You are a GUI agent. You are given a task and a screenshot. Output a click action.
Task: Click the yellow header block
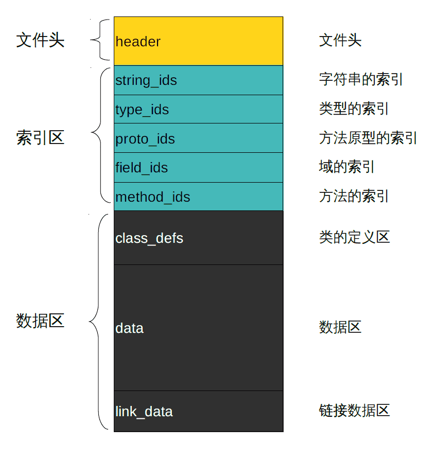point(198,41)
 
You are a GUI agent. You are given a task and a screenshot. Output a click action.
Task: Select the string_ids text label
point(146,81)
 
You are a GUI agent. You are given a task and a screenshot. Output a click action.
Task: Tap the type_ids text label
point(142,110)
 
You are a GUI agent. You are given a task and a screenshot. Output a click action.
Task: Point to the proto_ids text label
point(145,139)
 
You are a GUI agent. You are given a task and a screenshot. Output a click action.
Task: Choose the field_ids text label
point(141,168)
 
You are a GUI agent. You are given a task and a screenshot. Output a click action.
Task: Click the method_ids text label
point(152,198)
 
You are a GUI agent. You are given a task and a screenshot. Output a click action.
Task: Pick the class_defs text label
point(149,238)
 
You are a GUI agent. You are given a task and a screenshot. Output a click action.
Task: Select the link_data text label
point(144,412)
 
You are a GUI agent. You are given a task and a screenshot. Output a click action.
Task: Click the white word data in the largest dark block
point(129,328)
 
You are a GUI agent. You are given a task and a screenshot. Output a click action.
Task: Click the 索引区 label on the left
point(40,137)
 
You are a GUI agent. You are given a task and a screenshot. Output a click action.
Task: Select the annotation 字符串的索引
point(361,79)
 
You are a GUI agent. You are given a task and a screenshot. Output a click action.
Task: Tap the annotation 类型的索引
point(354,109)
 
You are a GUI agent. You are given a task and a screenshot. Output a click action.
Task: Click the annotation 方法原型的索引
point(368,138)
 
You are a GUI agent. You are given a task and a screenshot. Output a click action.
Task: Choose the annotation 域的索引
point(346,167)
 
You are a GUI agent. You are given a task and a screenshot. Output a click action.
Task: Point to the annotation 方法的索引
point(354,196)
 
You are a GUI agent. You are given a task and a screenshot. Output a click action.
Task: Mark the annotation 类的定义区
point(354,237)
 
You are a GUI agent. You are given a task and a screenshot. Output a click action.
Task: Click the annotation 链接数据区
point(354,411)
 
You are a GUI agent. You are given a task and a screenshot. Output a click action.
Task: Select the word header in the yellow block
point(138,42)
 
